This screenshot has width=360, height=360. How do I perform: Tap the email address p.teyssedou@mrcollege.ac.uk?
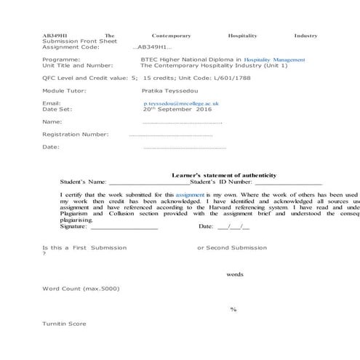click(x=182, y=104)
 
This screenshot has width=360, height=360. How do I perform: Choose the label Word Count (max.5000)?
click(x=81, y=289)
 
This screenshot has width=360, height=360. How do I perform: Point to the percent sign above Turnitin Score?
click(x=233, y=310)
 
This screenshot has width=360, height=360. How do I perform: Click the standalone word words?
click(x=234, y=274)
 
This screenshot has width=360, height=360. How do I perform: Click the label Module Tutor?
click(x=64, y=90)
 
